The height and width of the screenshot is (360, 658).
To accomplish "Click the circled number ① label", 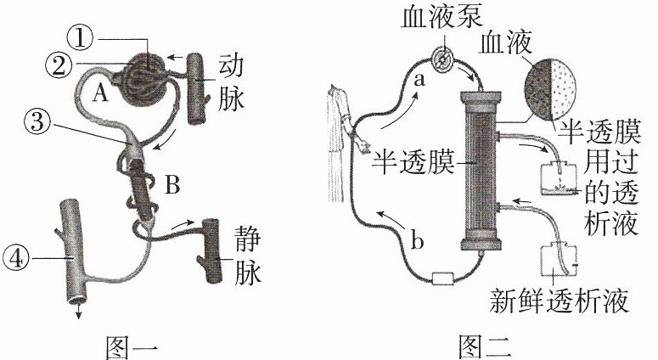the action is (79, 38).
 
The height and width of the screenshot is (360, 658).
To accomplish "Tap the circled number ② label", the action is (59, 66).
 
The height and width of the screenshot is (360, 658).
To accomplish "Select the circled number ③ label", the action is (37, 122).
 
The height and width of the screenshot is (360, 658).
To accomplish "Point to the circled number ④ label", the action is (16, 258).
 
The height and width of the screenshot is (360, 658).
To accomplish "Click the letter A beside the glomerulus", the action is (100, 93).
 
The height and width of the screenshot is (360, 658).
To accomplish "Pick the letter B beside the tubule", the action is (172, 184).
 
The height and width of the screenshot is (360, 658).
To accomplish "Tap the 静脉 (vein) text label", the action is (247, 256).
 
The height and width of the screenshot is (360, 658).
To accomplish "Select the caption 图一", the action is (132, 347).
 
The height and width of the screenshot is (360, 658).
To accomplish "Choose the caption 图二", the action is (485, 347).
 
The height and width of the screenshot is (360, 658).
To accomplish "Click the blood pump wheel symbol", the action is (444, 59).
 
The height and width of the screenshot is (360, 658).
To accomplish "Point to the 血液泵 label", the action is (441, 18).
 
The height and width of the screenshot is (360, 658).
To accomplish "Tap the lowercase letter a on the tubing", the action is (419, 80).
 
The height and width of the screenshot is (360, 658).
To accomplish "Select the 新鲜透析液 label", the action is (560, 301).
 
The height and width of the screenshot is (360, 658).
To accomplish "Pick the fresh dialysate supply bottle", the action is (559, 259).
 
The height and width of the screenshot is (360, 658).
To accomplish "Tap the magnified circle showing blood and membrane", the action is (550, 89).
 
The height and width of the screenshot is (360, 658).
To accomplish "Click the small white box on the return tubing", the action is (442, 278).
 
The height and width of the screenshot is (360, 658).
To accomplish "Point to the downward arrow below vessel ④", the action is (78, 312).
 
